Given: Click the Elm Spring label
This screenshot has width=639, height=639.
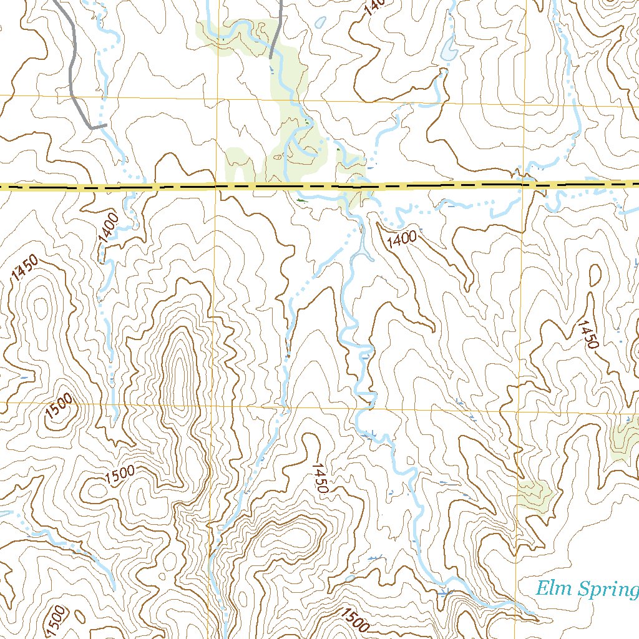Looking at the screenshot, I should point(587,589).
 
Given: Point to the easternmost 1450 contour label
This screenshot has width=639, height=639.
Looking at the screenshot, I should point(588,334).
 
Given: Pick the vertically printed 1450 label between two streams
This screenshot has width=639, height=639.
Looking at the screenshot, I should point(319,479).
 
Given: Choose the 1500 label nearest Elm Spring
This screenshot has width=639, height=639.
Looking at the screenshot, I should point(355,620).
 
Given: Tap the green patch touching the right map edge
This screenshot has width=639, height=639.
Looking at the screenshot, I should point(625,440).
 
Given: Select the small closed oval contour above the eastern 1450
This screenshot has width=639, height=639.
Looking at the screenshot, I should point(595,275).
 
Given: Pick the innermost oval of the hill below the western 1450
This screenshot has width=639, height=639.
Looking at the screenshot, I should point(41,309).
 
